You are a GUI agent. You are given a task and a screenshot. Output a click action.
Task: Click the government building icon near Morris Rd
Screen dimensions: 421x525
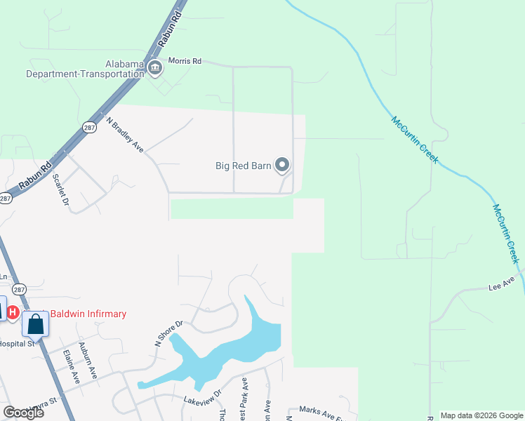coord(155,67)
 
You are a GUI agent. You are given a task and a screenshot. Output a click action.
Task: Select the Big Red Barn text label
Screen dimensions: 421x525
coord(243,166)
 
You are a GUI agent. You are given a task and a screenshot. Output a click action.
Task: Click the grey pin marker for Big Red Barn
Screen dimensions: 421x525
coord(282,166)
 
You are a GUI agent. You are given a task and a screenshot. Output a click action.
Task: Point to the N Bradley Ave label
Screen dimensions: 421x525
coord(125,134)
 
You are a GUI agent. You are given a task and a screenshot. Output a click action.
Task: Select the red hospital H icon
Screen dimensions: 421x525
coord(13,309)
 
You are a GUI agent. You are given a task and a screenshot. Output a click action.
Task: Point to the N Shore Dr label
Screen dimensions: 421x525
coord(168,333)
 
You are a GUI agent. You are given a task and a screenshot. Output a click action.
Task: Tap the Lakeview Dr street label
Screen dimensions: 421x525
coord(202,396)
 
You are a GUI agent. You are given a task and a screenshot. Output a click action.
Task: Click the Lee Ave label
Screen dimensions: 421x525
coord(502,282)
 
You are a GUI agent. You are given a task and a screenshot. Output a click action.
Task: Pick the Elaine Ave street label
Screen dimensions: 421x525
coord(71,366)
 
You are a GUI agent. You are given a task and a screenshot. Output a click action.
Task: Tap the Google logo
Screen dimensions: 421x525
coord(23,413)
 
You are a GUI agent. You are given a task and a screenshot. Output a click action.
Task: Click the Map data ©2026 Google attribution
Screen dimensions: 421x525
coord(481,415)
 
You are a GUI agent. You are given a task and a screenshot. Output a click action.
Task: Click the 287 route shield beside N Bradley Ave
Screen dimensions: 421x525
coord(89,127)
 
